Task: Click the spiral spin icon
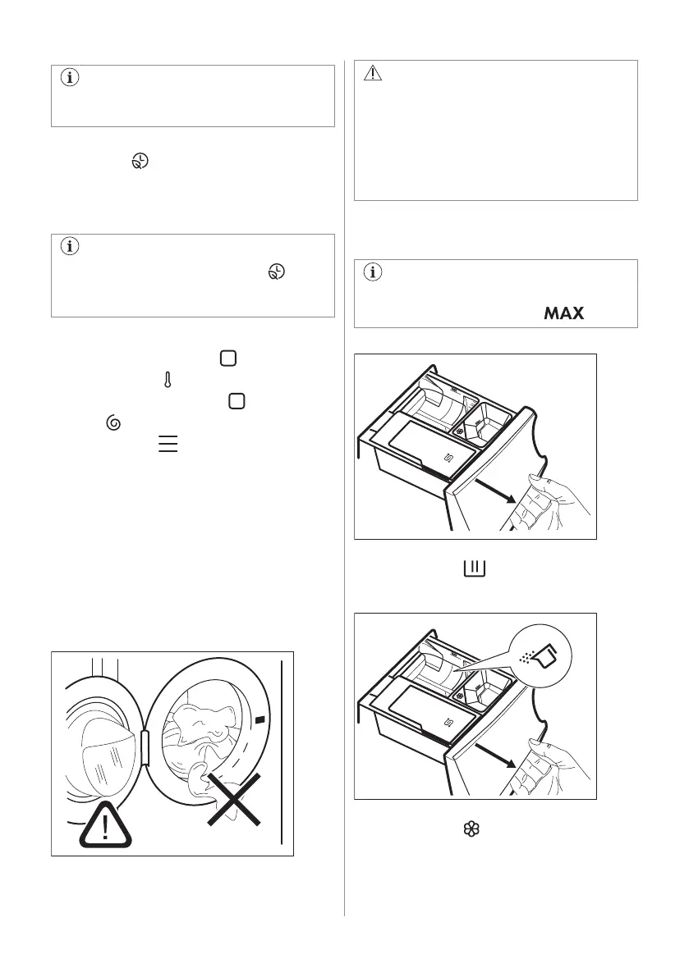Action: tap(113, 423)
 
